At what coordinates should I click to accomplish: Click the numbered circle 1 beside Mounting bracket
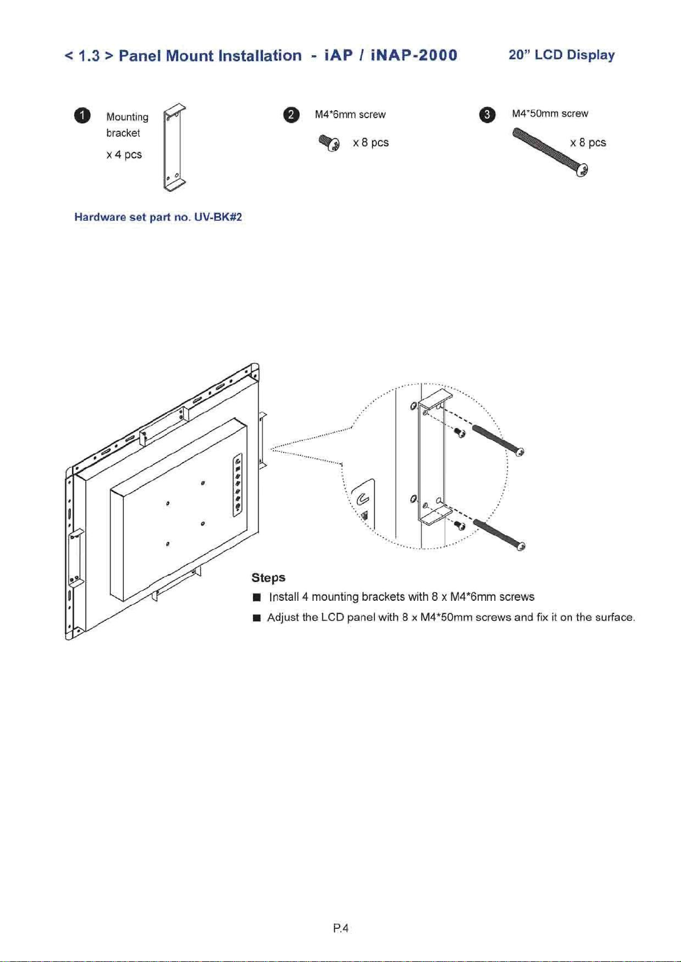coord(83,116)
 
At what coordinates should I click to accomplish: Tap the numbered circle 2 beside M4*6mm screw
coord(291,115)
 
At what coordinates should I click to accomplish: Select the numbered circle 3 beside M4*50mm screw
coord(487,115)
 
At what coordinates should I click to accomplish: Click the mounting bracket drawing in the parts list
coord(175,148)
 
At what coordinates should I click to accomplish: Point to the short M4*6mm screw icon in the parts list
coord(329,143)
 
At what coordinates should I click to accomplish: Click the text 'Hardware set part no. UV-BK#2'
coord(158,217)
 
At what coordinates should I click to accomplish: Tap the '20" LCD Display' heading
coord(562,55)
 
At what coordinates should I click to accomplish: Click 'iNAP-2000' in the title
coord(414,55)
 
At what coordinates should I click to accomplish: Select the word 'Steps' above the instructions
coord(268,577)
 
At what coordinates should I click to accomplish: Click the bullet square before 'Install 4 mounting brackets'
coord(257,597)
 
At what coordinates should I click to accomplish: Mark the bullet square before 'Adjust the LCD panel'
coord(257,618)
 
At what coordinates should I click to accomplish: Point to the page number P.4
coord(340,928)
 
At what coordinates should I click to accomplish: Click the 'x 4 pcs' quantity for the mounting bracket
coord(124,155)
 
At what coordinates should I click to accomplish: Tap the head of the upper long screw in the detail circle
coord(519,452)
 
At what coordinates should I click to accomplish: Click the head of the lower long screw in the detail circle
coord(520,547)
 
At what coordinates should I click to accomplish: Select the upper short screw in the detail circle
coord(460,433)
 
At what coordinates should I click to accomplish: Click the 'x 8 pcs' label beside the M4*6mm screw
coord(370,143)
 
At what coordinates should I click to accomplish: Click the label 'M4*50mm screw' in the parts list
coord(550,114)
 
